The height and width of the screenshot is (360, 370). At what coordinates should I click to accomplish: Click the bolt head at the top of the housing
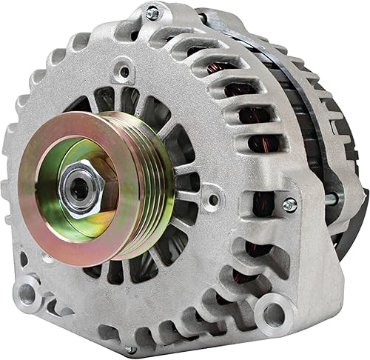point(152,13)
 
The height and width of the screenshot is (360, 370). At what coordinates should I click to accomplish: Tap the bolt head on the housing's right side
point(290,204)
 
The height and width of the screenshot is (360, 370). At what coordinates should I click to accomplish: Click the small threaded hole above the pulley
point(125,72)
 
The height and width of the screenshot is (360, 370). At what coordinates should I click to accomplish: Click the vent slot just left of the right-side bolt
point(263,204)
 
